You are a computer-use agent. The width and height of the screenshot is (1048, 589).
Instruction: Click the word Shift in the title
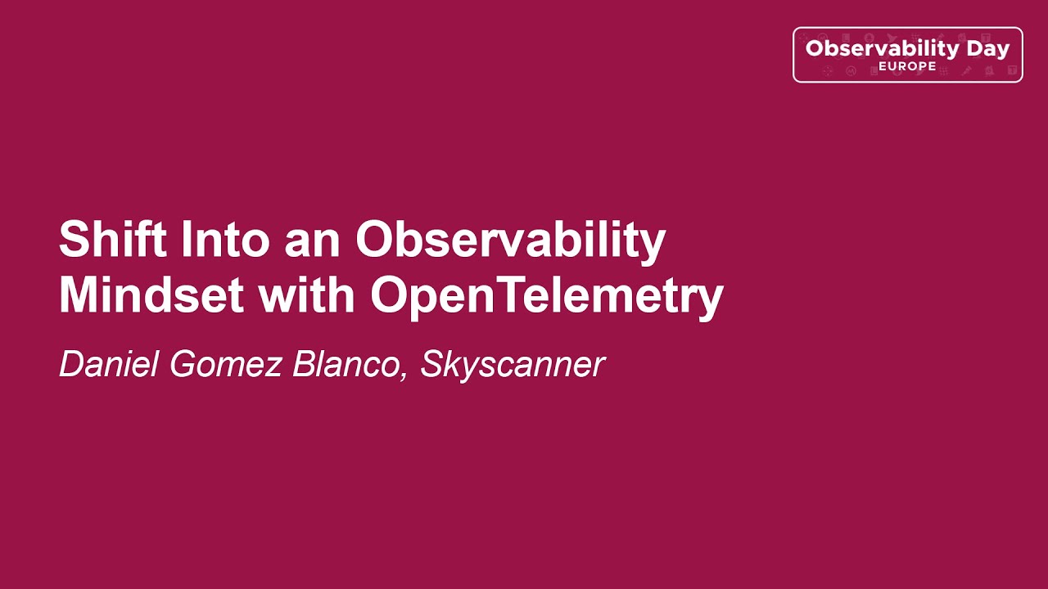(x=113, y=241)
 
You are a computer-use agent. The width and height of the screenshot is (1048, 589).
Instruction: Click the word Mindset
(x=151, y=295)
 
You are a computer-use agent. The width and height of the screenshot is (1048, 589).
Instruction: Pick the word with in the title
(x=307, y=295)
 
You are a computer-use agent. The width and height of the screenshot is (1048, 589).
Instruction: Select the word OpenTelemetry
(x=546, y=297)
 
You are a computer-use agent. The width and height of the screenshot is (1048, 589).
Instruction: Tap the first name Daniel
(x=110, y=364)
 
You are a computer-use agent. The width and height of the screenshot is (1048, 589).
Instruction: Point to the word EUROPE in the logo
(x=907, y=66)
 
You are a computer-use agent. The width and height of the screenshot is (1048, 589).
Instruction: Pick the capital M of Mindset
(x=78, y=295)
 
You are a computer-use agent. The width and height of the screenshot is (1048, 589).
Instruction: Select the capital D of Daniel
(x=71, y=364)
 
